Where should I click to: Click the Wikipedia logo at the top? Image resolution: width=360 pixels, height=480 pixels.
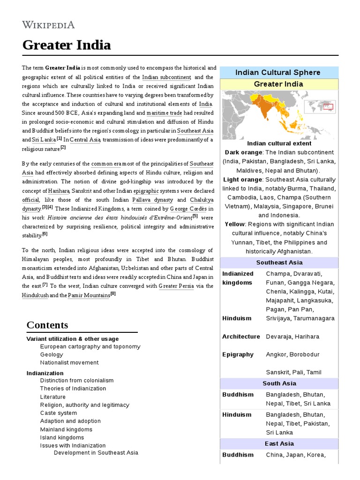click(x=48, y=24)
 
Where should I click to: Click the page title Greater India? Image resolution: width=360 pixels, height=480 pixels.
click(x=67, y=45)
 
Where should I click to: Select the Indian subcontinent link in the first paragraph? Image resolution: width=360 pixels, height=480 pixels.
click(x=166, y=77)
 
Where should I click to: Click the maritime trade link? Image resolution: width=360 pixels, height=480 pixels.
click(x=166, y=113)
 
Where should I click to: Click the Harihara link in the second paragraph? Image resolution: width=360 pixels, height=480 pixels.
click(x=59, y=191)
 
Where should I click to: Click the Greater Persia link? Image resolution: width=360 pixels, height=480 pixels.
click(x=176, y=286)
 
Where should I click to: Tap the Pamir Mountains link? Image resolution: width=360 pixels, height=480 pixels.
click(x=89, y=295)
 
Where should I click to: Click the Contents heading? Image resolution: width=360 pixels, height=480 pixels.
click(x=47, y=325)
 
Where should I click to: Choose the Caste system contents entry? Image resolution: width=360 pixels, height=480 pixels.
click(x=59, y=413)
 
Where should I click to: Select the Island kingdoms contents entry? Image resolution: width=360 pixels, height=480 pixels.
click(x=62, y=437)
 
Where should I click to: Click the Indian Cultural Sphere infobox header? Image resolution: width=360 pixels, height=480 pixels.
click(x=277, y=72)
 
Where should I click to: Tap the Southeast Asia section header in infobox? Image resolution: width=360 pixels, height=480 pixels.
click(x=279, y=262)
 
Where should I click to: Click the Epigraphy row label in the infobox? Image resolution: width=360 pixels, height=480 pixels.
click(x=238, y=354)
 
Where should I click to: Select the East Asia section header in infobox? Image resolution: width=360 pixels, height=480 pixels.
click(x=279, y=443)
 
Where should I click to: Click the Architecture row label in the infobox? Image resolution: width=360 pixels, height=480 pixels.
click(x=241, y=337)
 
